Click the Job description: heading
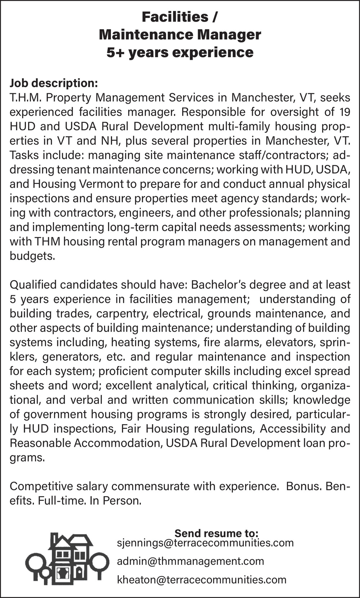pyautogui.click(x=54, y=83)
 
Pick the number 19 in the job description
pyautogui.click(x=345, y=112)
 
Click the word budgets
pyautogui.click(x=32, y=256)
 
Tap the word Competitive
pyautogui.click(x=41, y=486)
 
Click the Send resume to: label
pyautogui.click(x=216, y=533)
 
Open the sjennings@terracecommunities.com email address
pyautogui.click(x=205, y=543)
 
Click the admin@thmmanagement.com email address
pyautogui.click(x=190, y=561)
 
